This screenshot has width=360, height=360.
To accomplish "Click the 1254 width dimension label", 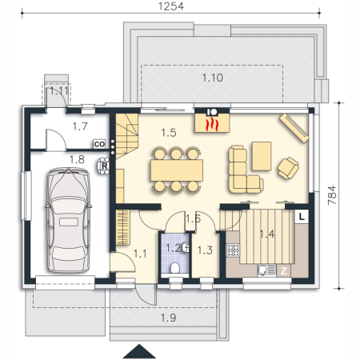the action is [171, 6].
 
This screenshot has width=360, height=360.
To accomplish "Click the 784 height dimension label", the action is [332, 195].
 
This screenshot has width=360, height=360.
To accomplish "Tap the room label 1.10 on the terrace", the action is [213, 78].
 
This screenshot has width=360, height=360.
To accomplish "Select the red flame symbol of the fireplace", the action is [212, 125].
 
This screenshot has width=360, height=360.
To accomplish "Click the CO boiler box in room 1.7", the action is [99, 144].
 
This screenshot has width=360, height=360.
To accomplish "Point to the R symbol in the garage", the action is [104, 166].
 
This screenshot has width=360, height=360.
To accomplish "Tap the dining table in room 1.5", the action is [177, 170].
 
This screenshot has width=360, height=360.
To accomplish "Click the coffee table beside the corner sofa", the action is [262, 156].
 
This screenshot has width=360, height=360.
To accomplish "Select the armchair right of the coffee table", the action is [288, 168].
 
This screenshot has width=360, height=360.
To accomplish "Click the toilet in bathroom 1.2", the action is [175, 268].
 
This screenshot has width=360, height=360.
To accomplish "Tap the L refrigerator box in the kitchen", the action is [302, 217].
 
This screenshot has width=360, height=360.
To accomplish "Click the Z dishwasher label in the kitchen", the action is [283, 271].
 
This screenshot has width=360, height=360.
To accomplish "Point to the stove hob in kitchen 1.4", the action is [233, 250].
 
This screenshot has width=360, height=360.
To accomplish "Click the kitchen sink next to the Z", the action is [266, 270].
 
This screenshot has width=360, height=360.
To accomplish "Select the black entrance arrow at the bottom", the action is [139, 351].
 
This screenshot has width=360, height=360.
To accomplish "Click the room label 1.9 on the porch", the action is [169, 318].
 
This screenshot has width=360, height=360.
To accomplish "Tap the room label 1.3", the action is [205, 250].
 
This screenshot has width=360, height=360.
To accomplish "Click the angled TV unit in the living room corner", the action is [294, 128].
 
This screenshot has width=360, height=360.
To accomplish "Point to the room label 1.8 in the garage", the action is [77, 160].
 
